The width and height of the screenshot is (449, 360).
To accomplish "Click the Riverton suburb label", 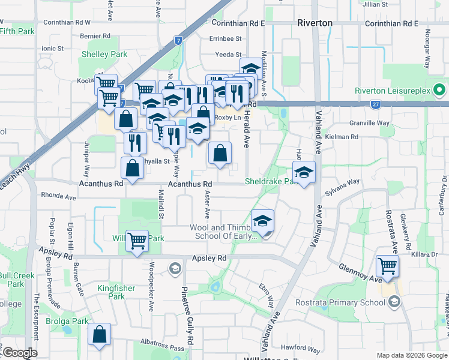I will coord(315,23).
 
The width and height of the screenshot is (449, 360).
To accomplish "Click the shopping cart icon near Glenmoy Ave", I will coord(387,265).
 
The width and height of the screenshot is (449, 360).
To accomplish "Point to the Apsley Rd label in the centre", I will coord(209,258).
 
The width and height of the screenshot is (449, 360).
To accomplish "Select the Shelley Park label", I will coord(104,54).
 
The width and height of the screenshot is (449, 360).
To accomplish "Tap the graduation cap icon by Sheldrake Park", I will coord(304,172).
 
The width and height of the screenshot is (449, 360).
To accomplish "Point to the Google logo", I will coord(19,353).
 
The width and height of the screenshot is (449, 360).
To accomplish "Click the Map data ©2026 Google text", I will coord(412,355).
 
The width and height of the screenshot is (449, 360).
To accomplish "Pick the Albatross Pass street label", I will coord(160,348).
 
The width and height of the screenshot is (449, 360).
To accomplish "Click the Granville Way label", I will coord(373,123).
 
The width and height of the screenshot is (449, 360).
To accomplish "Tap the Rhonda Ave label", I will coord(58,196).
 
